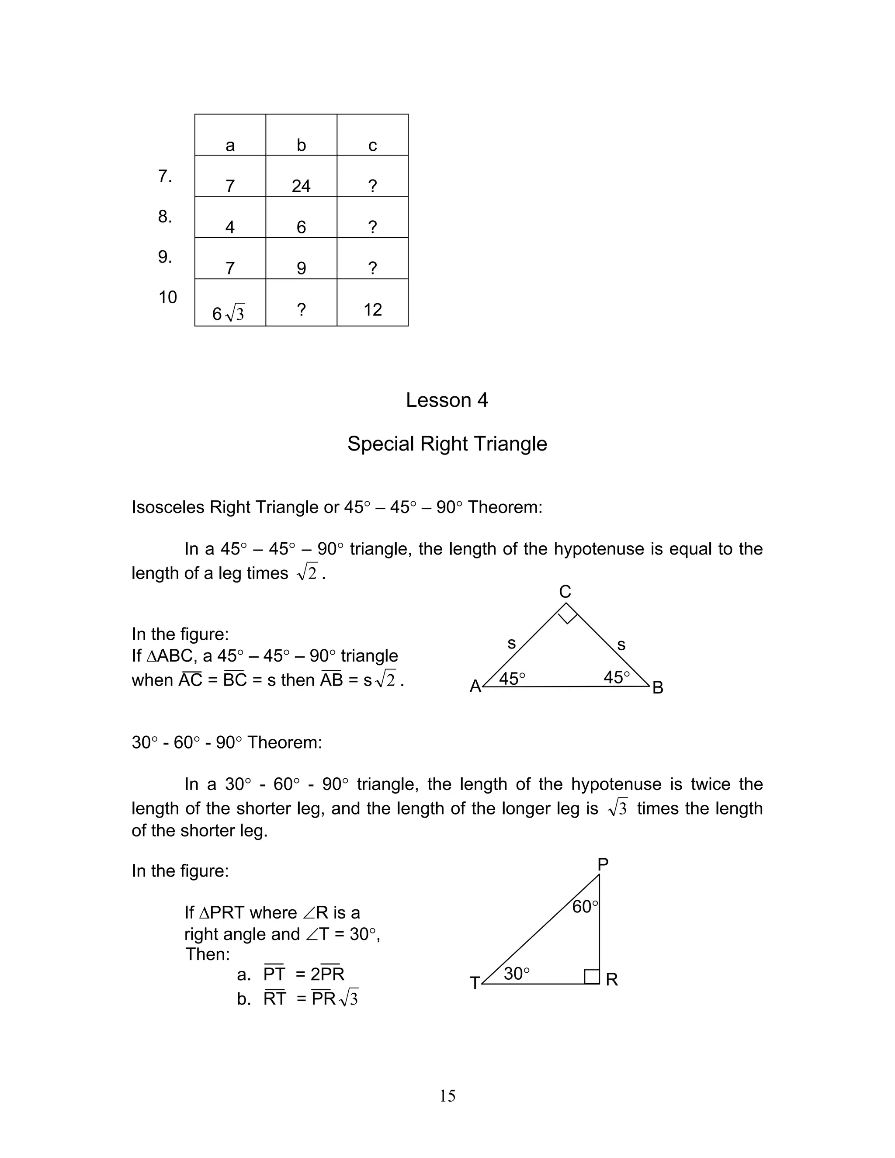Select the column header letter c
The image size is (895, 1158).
[372, 145]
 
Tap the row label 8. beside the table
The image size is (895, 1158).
[165, 216]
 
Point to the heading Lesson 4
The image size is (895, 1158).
[447, 400]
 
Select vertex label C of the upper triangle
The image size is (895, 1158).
[565, 591]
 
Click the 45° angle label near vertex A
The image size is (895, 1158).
[512, 678]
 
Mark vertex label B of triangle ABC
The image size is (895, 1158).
[657, 688]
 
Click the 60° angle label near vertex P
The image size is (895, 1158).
[585, 907]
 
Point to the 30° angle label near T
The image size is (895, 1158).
[517, 974]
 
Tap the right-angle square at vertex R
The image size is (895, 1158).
[592, 976]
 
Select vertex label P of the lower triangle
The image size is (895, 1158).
[603, 864]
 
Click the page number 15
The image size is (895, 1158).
[447, 1096]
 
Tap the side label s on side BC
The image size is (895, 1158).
[621, 645]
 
